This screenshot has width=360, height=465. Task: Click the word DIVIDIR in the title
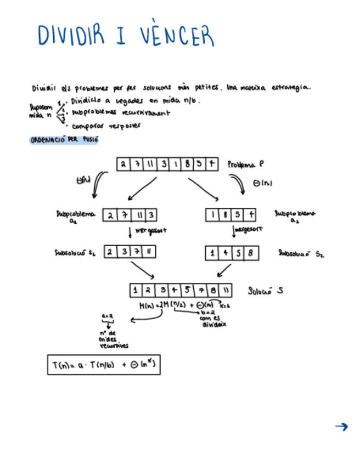pos(71,35)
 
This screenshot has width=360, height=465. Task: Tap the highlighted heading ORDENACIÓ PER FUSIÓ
pos(64,140)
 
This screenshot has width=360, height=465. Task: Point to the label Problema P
pos(246,164)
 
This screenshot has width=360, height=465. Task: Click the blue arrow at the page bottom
pos(341,427)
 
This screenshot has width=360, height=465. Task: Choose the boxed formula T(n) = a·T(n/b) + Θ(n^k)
pos(104,365)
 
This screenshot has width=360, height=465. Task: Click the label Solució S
pos(266,291)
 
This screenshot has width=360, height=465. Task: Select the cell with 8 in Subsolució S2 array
pos(250,253)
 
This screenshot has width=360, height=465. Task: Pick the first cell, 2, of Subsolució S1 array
pos(110,252)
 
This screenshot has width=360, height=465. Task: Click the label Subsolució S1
pos(76,253)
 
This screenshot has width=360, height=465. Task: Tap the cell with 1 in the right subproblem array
pos(212,216)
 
